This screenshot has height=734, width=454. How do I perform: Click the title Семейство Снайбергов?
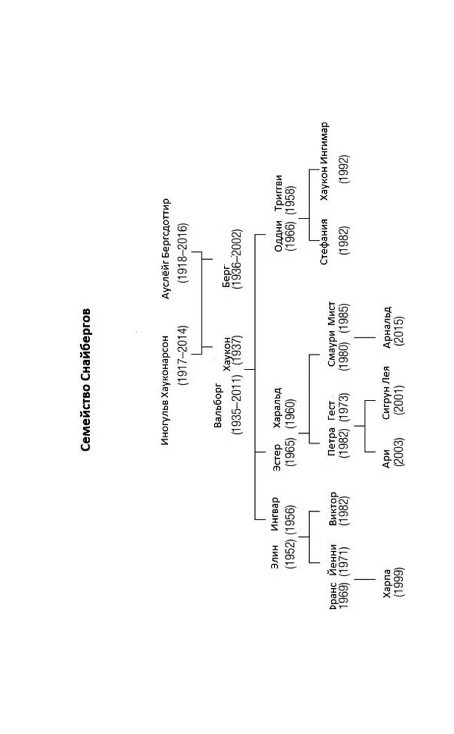pos(86,380)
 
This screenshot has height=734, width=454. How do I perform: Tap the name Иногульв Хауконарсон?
pos(166,390)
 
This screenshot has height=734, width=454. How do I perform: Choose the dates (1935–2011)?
pos(237,403)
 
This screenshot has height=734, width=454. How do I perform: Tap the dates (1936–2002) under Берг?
pos(237,259)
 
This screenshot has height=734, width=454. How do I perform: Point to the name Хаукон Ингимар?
pos(324,161)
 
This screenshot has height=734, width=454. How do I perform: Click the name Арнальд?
pos(387,327)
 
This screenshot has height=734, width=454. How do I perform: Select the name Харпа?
pos(387,583)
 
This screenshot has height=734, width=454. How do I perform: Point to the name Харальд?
pos(277,407)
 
